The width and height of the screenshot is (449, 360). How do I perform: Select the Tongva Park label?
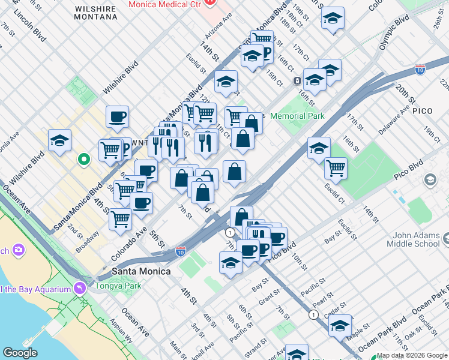click(x=118, y=286)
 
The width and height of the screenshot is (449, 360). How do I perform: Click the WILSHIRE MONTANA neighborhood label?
click(x=95, y=12)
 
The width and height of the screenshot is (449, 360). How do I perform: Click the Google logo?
click(x=20, y=353)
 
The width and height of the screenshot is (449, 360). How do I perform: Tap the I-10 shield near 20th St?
click(x=420, y=69)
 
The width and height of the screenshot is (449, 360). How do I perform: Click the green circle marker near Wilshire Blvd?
click(x=85, y=159)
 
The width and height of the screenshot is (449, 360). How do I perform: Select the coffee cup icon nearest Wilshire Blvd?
click(x=118, y=116)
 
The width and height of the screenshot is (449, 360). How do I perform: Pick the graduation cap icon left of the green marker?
click(x=59, y=140)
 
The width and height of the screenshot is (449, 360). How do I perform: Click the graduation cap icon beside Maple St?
click(x=340, y=325)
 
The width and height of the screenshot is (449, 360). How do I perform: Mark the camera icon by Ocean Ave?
click(x=19, y=249)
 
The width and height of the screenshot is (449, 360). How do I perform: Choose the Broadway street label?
click(x=88, y=241)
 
